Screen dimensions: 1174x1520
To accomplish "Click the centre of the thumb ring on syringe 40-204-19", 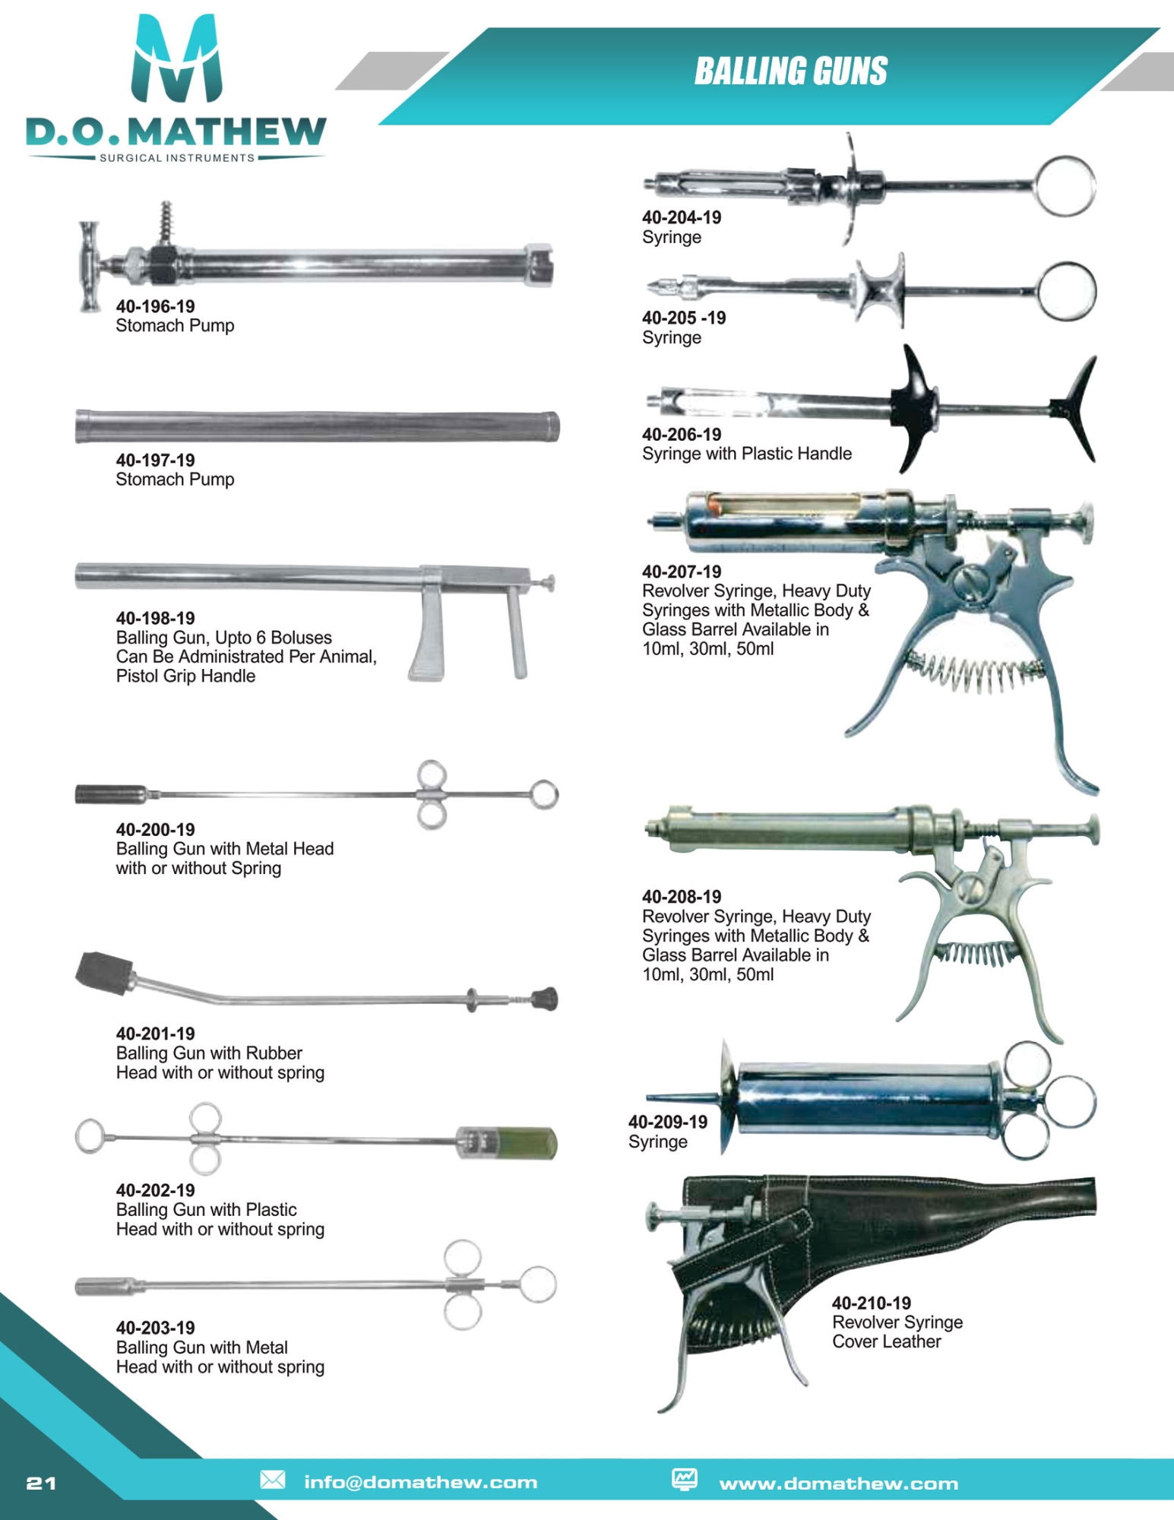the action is [x=1065, y=186].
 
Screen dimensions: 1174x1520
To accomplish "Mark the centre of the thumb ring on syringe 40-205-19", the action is [x=1067, y=290].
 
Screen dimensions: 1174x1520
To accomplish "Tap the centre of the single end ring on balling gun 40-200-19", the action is [x=544, y=794].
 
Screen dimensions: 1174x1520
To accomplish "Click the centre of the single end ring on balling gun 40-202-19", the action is [x=90, y=1136].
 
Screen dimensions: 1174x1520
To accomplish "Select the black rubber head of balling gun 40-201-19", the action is [x=105, y=974].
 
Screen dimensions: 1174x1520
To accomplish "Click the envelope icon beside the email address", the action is [x=273, y=1480].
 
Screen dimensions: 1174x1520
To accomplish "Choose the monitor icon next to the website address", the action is [x=685, y=1479].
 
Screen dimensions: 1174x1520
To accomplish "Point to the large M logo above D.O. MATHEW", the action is [x=177, y=59].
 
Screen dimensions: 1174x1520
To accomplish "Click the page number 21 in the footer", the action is [x=41, y=1483].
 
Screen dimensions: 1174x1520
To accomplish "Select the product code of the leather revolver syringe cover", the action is [x=871, y=1303].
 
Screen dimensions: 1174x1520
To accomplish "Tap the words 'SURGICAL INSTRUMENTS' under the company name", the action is [x=177, y=158].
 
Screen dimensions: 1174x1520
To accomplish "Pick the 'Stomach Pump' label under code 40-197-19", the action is [x=175, y=480].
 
